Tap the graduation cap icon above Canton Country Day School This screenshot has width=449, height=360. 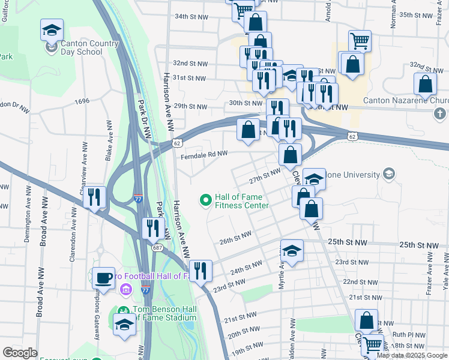[x=52, y=29]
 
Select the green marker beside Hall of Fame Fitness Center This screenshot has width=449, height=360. [x=206, y=199]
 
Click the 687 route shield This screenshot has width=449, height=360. [x=157, y=247]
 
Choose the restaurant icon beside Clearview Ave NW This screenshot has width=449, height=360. [x=94, y=197]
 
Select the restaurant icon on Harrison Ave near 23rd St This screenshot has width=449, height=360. [x=200, y=270]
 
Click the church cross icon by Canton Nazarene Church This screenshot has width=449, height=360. [x=440, y=113]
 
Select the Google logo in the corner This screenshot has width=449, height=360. [x=20, y=353]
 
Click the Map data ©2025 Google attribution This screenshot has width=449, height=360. [x=412, y=355]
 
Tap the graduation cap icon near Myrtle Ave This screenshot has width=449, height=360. [x=292, y=251]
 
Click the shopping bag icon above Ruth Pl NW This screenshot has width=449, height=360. [x=366, y=320]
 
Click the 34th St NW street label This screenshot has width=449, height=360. [x=190, y=17]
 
